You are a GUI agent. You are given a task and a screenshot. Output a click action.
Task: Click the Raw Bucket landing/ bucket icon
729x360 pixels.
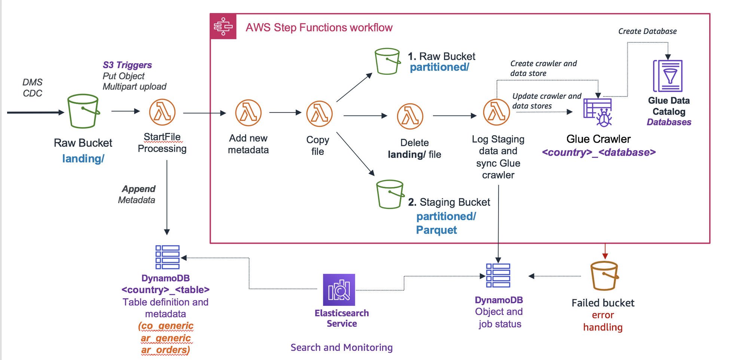click(83, 111)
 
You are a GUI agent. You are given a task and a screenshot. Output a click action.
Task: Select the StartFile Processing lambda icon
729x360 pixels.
click(162, 112)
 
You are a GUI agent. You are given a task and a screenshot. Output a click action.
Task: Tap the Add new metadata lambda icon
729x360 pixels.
click(248, 113)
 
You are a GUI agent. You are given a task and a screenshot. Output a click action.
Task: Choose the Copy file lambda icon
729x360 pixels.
click(319, 114)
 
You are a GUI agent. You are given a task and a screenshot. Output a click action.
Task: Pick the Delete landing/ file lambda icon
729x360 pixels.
click(410, 116)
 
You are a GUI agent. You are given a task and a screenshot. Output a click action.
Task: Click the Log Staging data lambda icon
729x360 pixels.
click(496, 112)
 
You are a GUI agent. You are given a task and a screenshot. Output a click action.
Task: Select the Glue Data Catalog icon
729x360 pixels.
click(668, 76)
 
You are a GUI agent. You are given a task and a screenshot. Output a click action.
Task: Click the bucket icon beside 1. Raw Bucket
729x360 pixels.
click(387, 61)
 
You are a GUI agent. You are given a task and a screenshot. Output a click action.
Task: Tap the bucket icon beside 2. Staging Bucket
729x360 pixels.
click(390, 194)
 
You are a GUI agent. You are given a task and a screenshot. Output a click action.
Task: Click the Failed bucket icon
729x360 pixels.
click(604, 276)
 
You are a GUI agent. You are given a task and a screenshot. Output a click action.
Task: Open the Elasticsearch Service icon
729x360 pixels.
click(339, 290)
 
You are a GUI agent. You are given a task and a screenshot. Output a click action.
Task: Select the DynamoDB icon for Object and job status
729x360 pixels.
click(498, 275)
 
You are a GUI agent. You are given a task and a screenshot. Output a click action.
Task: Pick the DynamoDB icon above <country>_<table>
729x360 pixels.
click(167, 257)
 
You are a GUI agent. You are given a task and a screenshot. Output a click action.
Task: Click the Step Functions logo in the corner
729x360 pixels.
click(223, 27)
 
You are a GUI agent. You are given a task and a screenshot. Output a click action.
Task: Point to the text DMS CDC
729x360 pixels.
click(33, 88)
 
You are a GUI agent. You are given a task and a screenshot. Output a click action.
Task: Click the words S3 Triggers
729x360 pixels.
click(127, 65)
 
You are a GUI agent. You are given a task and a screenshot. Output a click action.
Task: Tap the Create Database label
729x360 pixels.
click(647, 31)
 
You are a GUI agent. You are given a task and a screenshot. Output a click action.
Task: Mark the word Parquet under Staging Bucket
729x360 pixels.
click(436, 230)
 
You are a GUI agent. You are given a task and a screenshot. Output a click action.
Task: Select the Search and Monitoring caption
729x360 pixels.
click(341, 348)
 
